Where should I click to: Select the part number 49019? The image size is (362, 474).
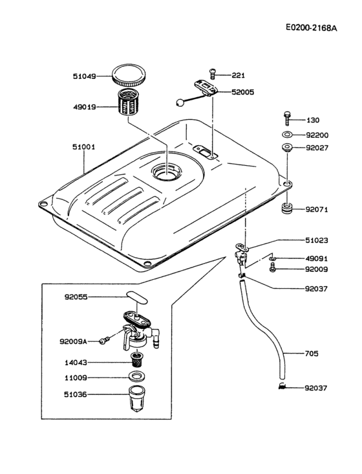(x=85, y=107)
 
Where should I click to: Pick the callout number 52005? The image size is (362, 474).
(x=243, y=93)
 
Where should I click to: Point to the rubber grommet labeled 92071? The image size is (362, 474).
(x=287, y=209)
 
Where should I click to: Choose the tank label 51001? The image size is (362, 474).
(x=84, y=147)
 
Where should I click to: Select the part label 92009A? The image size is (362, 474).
(x=75, y=340)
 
